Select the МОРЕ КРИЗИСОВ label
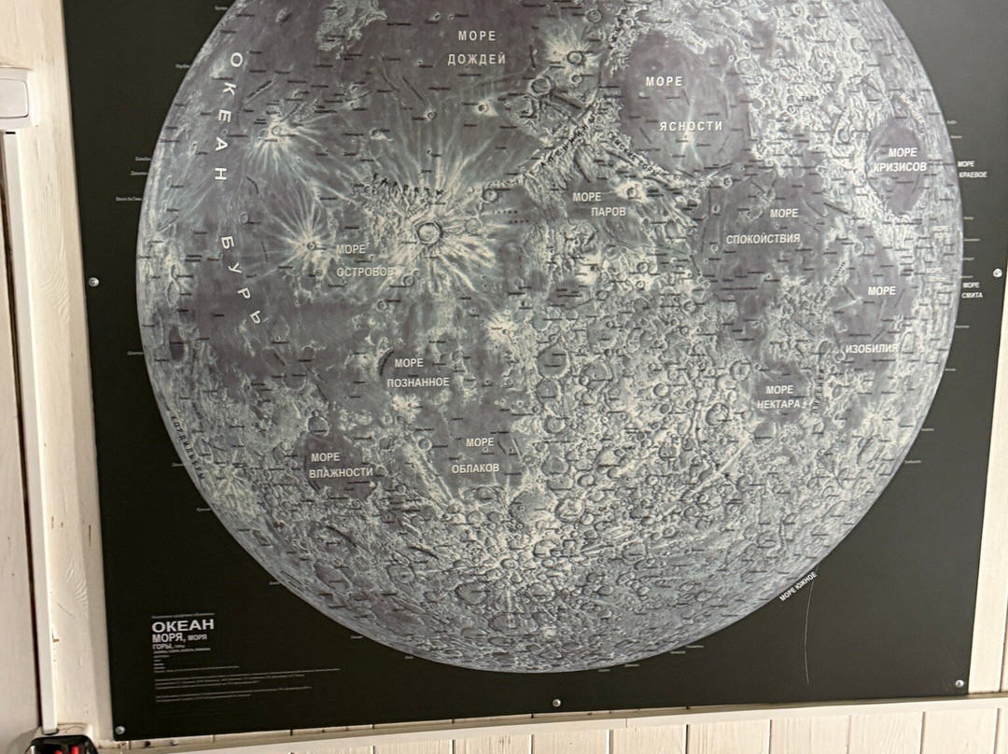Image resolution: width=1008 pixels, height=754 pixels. [x=901, y=160]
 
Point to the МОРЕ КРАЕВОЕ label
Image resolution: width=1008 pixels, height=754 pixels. [x=972, y=170]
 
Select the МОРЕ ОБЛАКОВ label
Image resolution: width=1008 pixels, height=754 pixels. [x=476, y=454]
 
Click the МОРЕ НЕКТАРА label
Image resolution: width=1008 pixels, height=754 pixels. [x=778, y=397]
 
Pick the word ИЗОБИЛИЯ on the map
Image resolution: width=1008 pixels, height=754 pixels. [x=871, y=348]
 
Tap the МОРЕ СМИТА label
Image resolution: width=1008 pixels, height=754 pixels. [x=971, y=289]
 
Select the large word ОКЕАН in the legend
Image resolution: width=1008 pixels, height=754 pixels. [x=184, y=624]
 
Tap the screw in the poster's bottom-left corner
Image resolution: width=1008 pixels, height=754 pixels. [x=119, y=729]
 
